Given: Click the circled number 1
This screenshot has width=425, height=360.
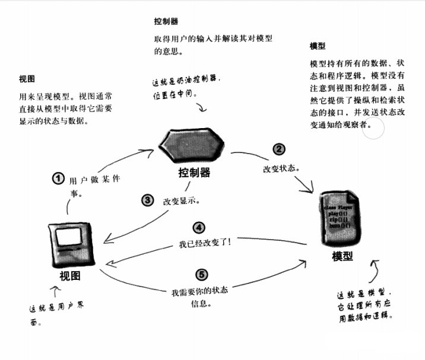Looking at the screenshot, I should (x=58, y=178).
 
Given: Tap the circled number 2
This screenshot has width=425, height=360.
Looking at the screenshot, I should (x=278, y=149).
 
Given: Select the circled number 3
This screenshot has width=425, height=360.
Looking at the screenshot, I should (x=147, y=200).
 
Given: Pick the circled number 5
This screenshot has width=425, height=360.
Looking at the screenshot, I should (x=202, y=275).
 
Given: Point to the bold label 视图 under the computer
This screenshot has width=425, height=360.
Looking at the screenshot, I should (x=70, y=277).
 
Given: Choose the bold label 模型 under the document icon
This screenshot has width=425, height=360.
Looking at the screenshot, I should (x=343, y=257).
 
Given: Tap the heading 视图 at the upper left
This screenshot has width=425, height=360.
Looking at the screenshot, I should (x=27, y=78).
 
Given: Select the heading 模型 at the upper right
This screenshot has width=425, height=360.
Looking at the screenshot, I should (x=318, y=46).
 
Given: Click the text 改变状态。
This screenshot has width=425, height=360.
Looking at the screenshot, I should (x=281, y=168).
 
